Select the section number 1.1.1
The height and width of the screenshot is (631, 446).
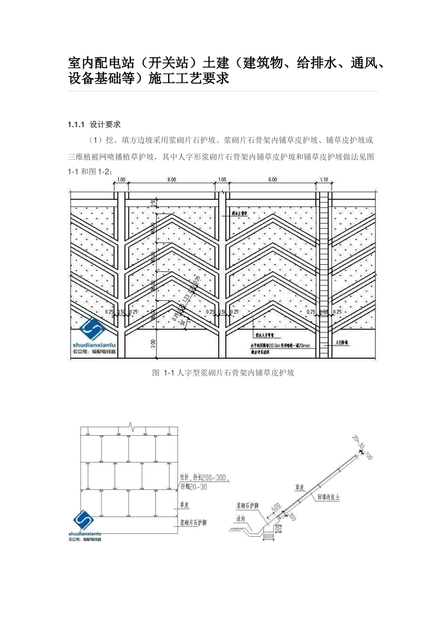tap(76, 124)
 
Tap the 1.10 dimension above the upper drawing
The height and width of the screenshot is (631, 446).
tap(323, 180)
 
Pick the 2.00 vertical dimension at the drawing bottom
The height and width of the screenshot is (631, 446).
tap(153, 344)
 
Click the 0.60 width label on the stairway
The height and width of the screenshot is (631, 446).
tap(324, 312)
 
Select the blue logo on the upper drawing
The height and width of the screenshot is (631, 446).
tap(94, 331)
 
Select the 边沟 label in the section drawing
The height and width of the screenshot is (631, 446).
tap(241, 519)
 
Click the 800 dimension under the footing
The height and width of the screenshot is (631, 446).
tap(269, 536)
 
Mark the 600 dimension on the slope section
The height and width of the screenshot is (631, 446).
tap(276, 508)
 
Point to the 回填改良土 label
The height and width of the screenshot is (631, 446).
tap(328, 496)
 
